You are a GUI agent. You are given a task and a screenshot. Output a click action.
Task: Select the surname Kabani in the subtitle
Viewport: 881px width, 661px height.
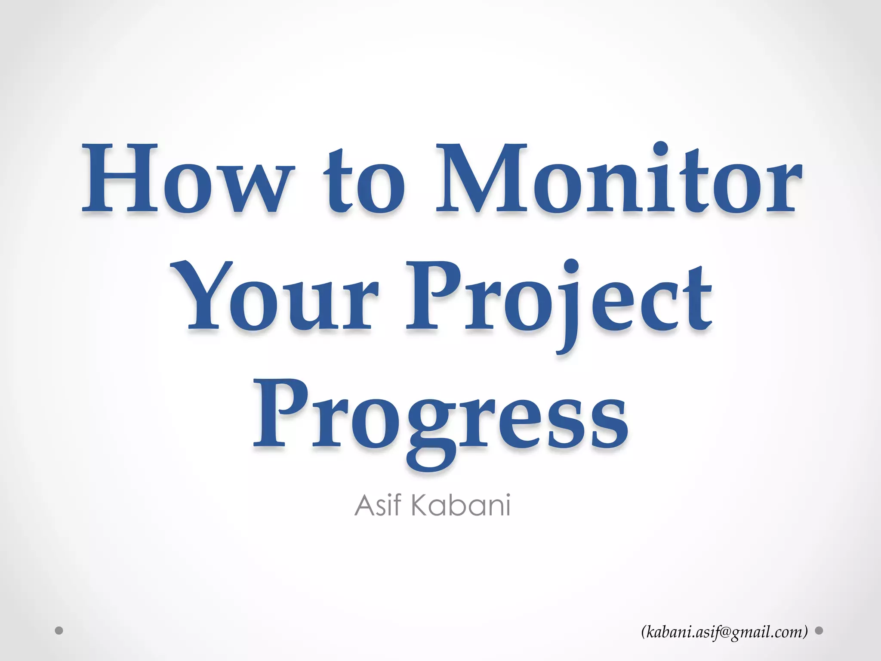point(461,505)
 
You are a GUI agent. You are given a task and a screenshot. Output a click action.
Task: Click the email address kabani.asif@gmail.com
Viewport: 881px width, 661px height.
point(724,632)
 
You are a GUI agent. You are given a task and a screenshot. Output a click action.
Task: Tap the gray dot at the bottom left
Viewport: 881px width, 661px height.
point(59,631)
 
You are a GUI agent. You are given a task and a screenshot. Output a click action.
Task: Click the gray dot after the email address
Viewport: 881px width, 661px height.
point(819,631)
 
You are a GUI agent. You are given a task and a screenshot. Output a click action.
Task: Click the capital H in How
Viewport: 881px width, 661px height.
point(120,179)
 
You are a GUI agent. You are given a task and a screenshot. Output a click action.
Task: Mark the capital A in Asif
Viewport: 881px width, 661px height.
point(365,505)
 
